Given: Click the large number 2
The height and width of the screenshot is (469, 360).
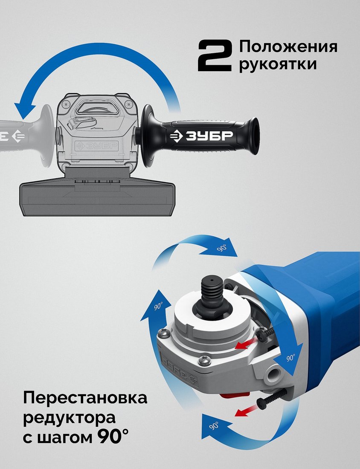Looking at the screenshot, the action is coord(215,56).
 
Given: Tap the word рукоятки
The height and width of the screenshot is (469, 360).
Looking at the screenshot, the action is coord(277,64).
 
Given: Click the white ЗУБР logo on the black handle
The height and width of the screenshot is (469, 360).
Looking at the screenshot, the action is coord(201,136).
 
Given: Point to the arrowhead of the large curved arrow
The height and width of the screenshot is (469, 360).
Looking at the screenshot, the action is coord(25,110).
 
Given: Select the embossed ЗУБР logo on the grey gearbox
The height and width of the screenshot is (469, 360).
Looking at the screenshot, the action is coord(97,146).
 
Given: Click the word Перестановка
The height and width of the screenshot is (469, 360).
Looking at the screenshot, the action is coord(85,398).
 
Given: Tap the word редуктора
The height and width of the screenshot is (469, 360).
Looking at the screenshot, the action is coord(69,418).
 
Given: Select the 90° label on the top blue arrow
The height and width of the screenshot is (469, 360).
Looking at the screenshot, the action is coord(222,248).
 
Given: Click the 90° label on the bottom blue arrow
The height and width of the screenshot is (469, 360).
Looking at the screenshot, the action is coord(214,426).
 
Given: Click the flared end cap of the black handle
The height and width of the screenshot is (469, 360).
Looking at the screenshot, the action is coord(255,136).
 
